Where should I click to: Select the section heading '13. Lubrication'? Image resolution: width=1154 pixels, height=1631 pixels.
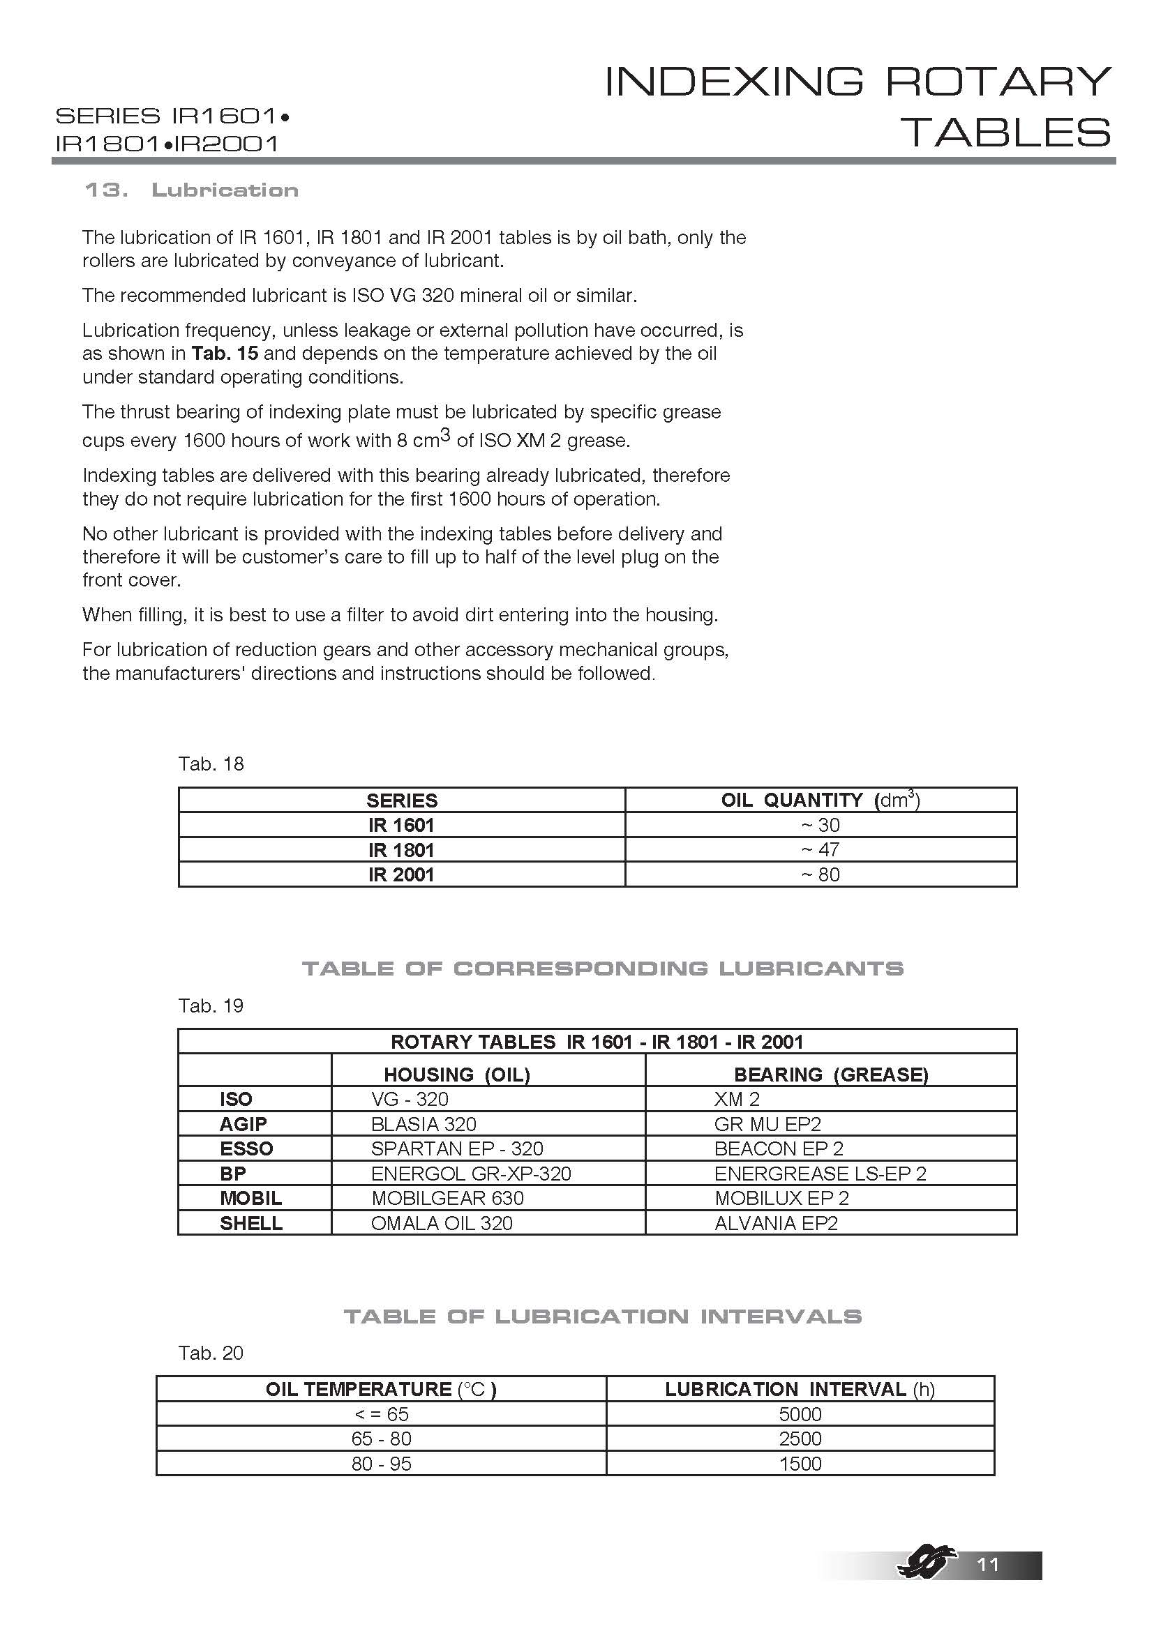pyautogui.click(x=191, y=190)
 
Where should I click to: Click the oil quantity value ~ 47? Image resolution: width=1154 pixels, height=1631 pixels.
pyautogui.click(x=820, y=849)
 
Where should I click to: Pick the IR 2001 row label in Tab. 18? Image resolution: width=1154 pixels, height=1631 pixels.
pyautogui.click(x=400, y=874)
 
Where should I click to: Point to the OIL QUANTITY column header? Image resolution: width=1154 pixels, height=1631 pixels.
pyautogui.click(x=820, y=801)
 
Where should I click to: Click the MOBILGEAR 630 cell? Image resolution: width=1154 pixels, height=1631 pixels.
pyautogui.click(x=447, y=1199)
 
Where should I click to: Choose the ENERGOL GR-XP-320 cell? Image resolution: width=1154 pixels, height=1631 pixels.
pyautogui.click(x=470, y=1174)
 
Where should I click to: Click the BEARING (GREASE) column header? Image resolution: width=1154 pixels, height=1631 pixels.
pyautogui.click(x=831, y=1075)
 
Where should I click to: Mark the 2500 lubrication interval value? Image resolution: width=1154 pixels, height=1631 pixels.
pyautogui.click(x=800, y=1439)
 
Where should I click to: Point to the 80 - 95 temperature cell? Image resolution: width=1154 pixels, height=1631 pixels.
pyautogui.click(x=381, y=1464)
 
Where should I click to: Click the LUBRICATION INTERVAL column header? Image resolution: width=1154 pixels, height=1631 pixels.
pyautogui.click(x=800, y=1390)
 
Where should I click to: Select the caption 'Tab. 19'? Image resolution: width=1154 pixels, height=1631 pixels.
pyautogui.click(x=210, y=1006)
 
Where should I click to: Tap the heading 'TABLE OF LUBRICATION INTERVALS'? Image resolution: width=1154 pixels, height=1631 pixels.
pyautogui.click(x=603, y=1317)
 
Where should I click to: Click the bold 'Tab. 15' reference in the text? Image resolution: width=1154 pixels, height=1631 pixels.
pyautogui.click(x=225, y=354)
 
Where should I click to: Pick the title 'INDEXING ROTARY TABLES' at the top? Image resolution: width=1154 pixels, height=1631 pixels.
pyautogui.click(x=857, y=107)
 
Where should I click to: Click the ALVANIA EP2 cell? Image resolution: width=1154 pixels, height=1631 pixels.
pyautogui.click(x=776, y=1223)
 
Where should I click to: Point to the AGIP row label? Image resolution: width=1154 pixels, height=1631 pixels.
pyautogui.click(x=243, y=1124)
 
